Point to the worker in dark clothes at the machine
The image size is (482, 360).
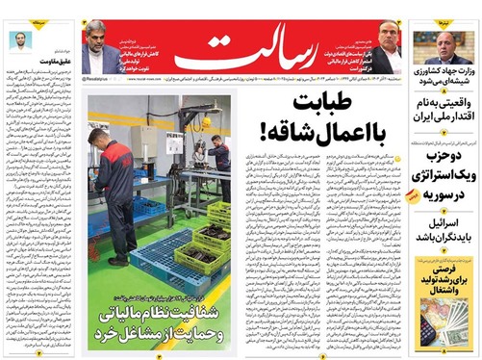(x=221, y=168)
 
